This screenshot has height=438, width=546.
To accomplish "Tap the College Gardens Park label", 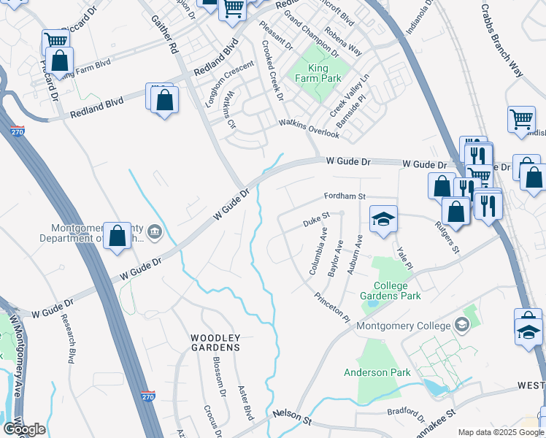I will point(391,291).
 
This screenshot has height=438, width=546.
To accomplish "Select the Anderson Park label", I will point(377,372).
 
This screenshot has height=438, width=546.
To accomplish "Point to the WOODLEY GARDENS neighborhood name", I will point(215,342).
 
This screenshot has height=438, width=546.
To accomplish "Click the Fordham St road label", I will point(345,197).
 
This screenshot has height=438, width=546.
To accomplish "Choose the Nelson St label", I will point(292,417).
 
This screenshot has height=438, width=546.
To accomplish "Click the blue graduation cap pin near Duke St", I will point(382,219).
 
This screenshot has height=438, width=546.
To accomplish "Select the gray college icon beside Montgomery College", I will point(461,324).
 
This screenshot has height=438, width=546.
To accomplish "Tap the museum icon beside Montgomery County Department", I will point(154,233).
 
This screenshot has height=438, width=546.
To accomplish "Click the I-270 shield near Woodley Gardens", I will point(148,395).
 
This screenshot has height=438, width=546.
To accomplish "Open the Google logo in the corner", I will point(24,429).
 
